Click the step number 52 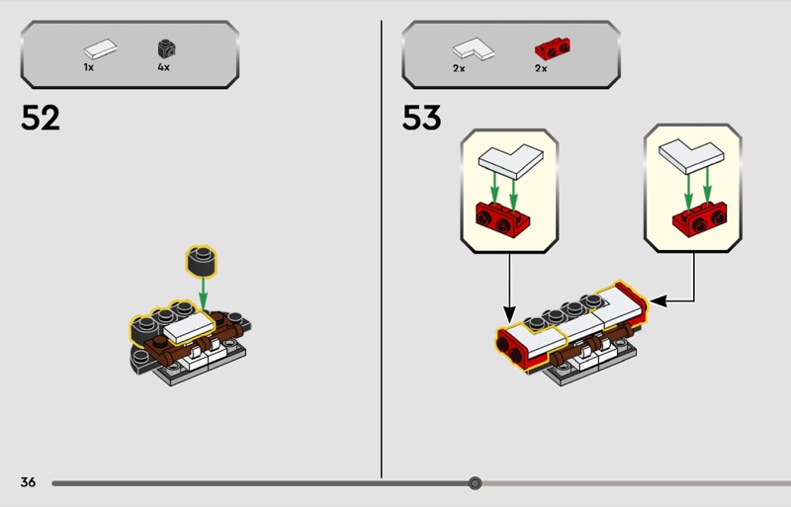pos(41,119)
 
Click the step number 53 pos(421,119)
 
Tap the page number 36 pos(28,482)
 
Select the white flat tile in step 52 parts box pos(100,46)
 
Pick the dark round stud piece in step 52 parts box pos(163,46)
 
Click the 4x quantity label pos(163,67)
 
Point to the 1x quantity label pos(89,67)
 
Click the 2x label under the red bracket pos(541,67)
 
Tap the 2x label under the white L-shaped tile pos(459,67)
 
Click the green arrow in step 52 pos(203,291)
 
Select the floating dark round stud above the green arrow pos(203,261)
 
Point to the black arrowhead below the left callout pos(510,315)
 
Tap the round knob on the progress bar pos(475,483)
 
